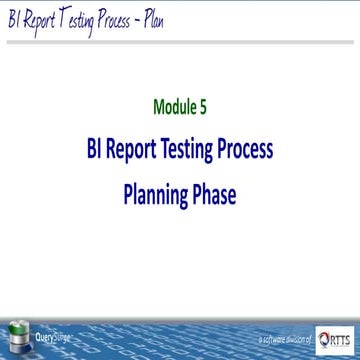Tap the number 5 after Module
[x=204, y=106]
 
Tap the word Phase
[x=216, y=194]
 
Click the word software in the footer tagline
[x=271, y=341]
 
